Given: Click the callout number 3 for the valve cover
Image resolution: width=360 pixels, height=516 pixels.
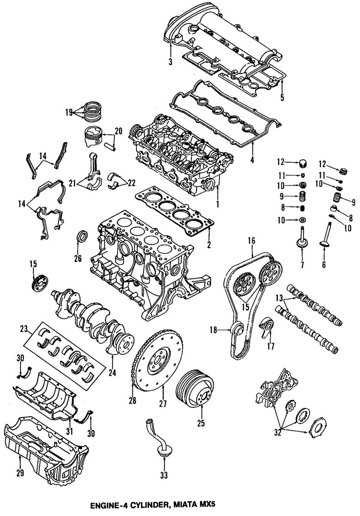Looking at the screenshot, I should point(170,62).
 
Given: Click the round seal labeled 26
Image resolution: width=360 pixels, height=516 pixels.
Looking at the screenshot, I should point(82,238).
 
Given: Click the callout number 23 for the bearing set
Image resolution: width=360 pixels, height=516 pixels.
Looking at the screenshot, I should point(24,328).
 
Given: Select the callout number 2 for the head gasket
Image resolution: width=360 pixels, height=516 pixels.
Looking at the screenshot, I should point(209,245).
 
